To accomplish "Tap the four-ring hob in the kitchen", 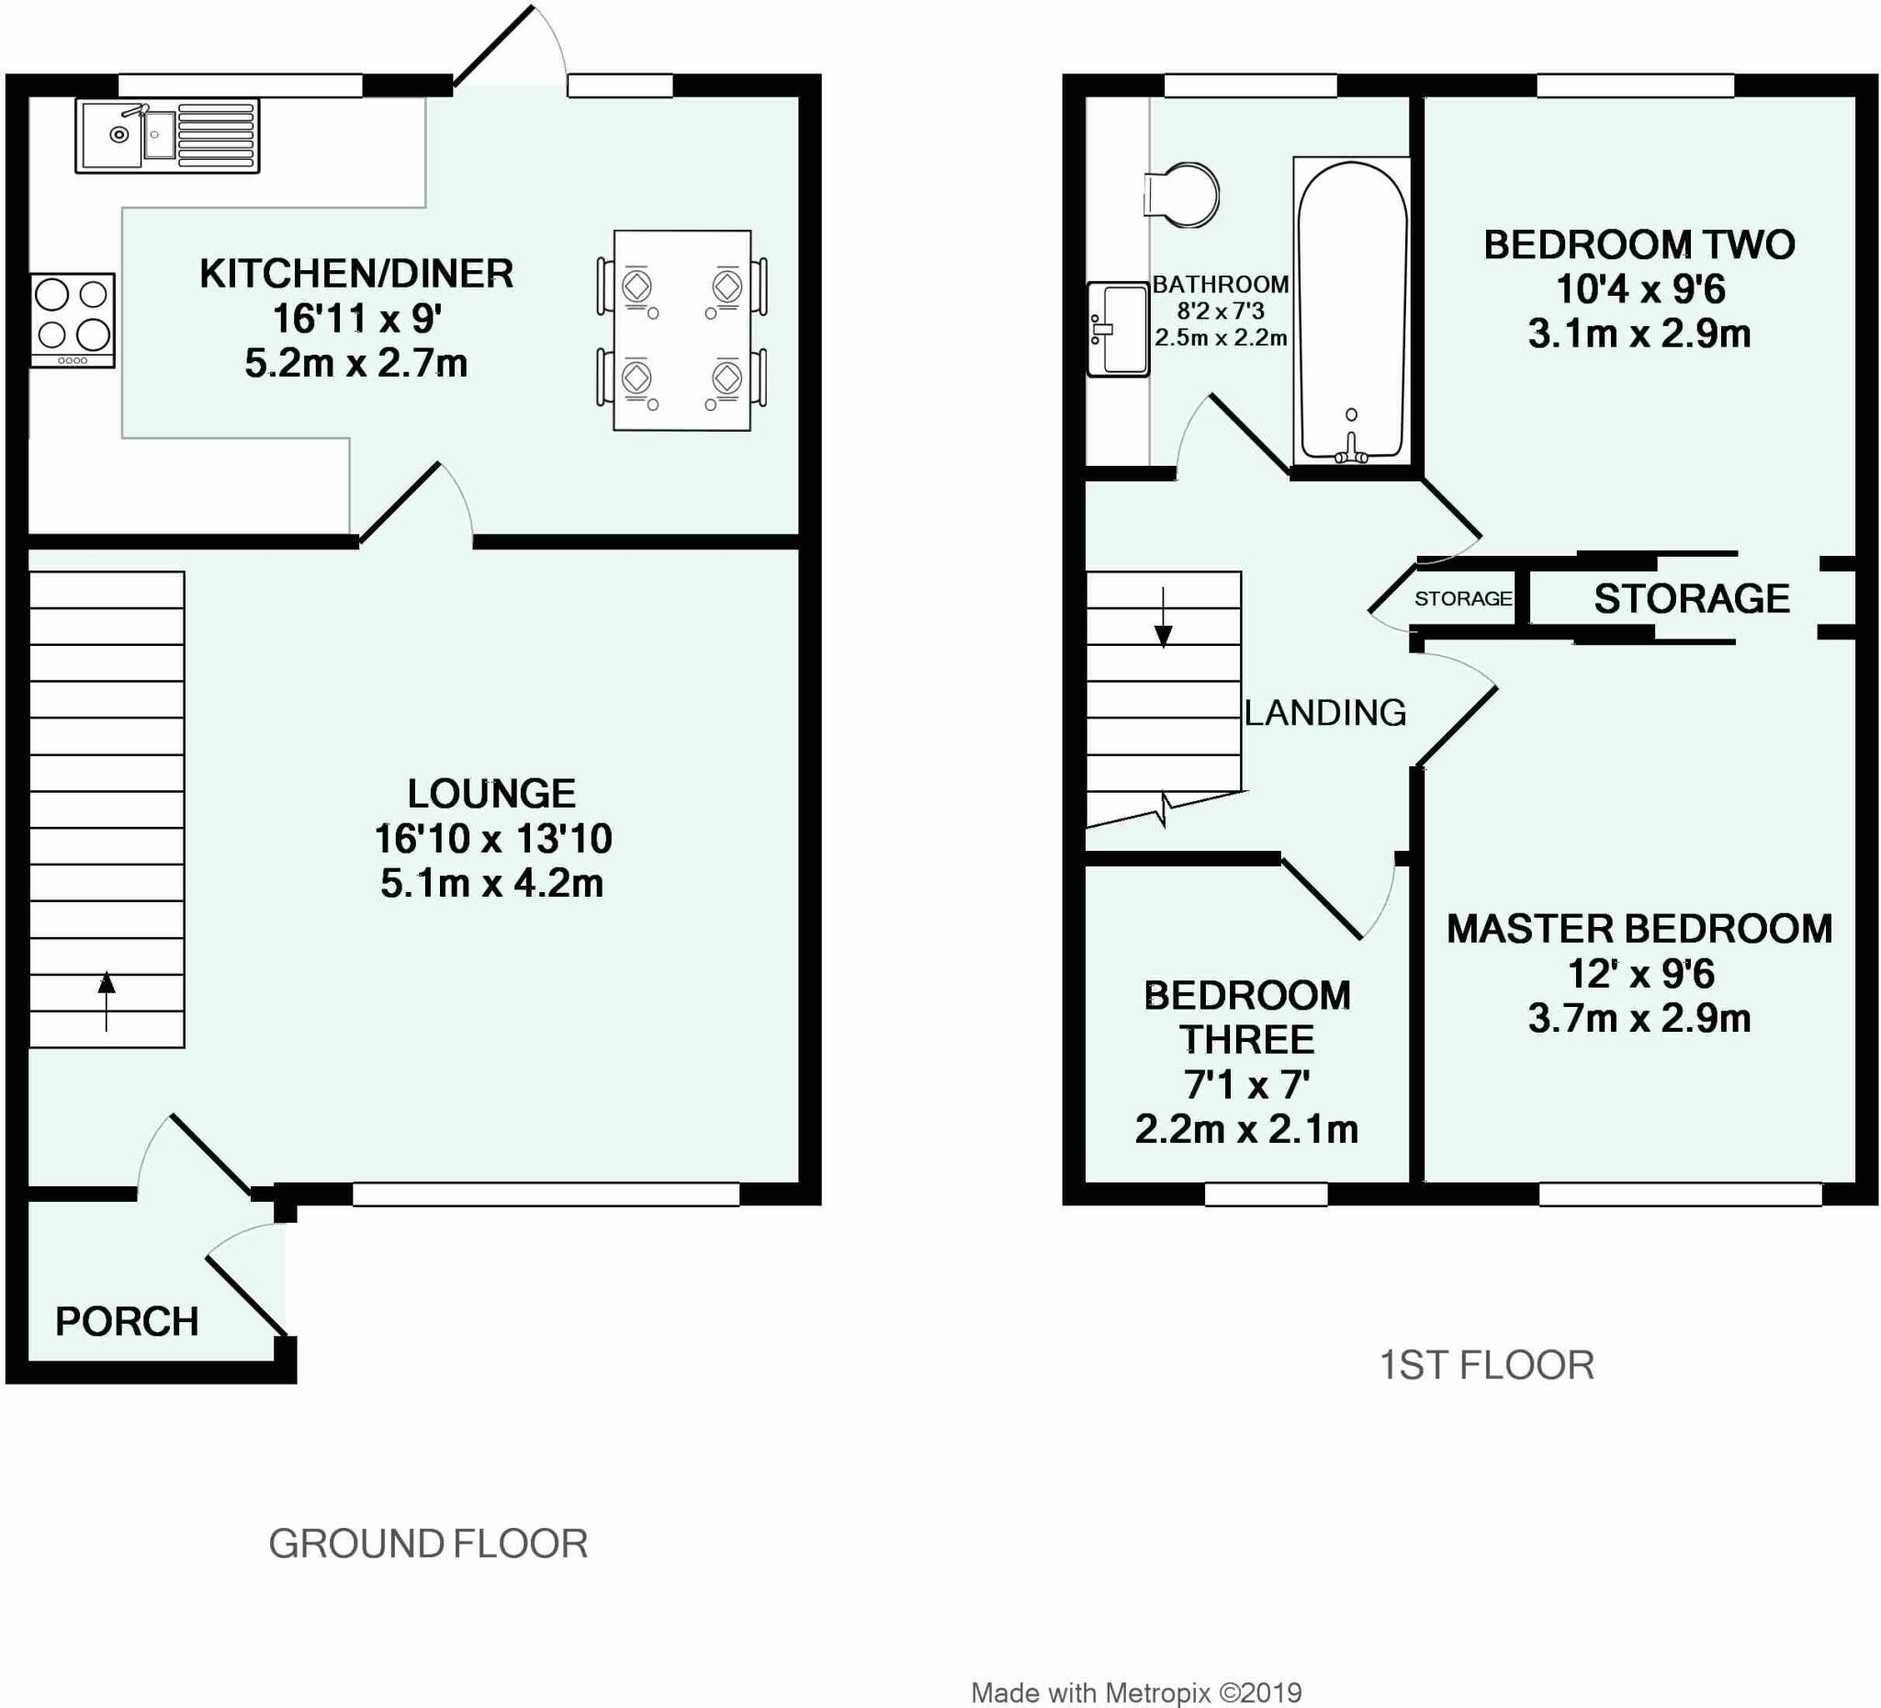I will (73, 319).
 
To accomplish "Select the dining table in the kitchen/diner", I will (682, 331).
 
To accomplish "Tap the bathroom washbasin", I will (1118, 329).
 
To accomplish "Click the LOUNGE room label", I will (491, 794).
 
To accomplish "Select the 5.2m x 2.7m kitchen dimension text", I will (356, 363).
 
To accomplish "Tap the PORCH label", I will (127, 1321).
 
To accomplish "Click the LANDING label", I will (1325, 713).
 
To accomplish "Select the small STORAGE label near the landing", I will (1462, 598).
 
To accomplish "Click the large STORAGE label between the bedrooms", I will (1691, 598).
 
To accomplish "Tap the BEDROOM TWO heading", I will (1639, 244).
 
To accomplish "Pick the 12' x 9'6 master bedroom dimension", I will (1640, 974).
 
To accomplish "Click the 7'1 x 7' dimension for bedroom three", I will (1246, 1084).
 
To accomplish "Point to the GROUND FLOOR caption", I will (428, 1544).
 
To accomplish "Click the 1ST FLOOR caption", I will (1486, 1365).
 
